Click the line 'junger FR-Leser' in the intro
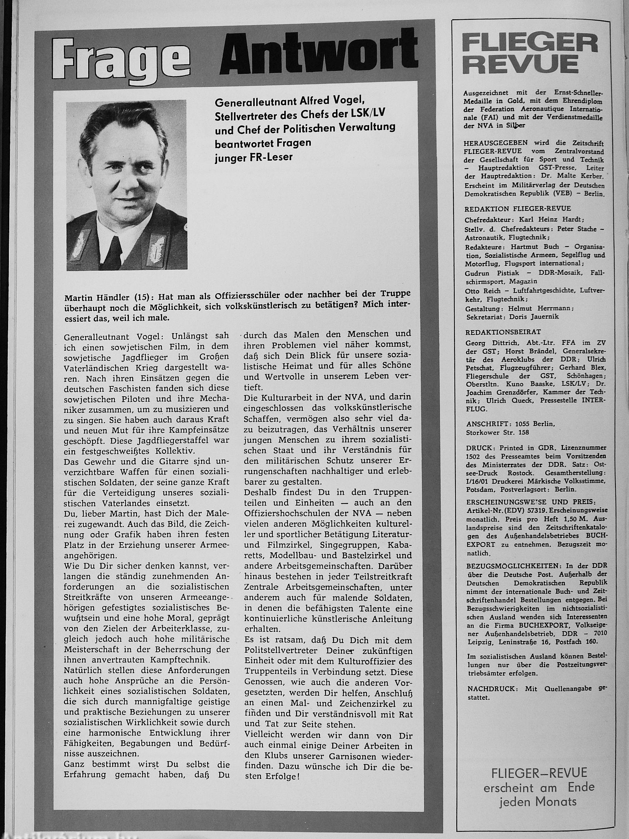254,157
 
